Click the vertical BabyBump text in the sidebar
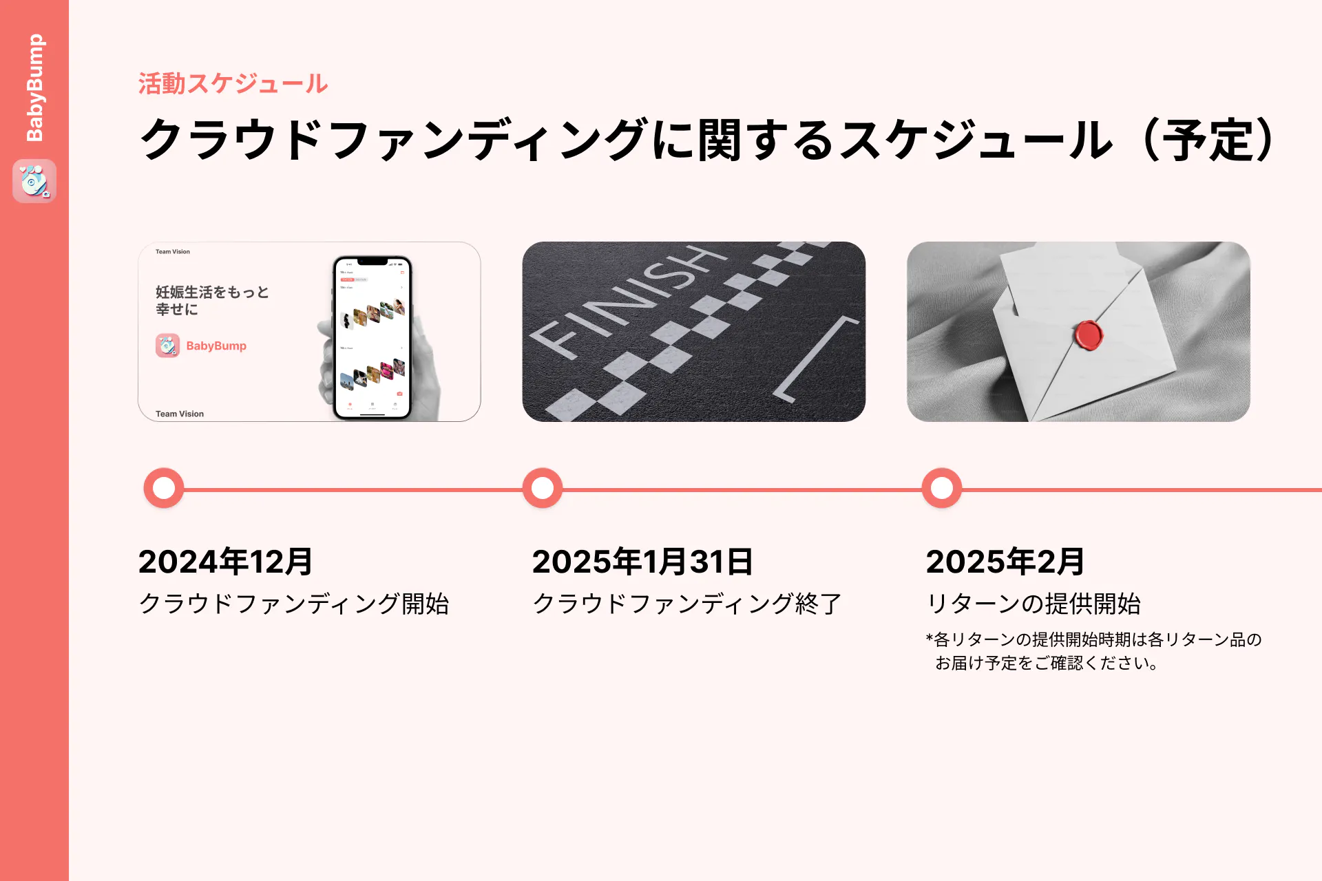[34, 87]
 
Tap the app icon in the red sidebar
[34, 181]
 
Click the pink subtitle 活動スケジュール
[233, 84]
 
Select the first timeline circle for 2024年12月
[164, 488]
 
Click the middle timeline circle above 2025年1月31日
[543, 488]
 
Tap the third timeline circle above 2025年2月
[942, 488]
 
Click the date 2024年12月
[226, 562]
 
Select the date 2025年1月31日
[642, 562]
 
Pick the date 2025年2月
[1005, 562]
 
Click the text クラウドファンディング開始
[294, 604]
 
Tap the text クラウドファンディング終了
[687, 604]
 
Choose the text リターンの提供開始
[1034, 604]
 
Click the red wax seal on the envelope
[1089, 335]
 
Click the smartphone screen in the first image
[372, 337]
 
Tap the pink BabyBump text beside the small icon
[216, 346]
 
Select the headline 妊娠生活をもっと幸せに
[212, 300]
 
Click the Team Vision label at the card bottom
[180, 414]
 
